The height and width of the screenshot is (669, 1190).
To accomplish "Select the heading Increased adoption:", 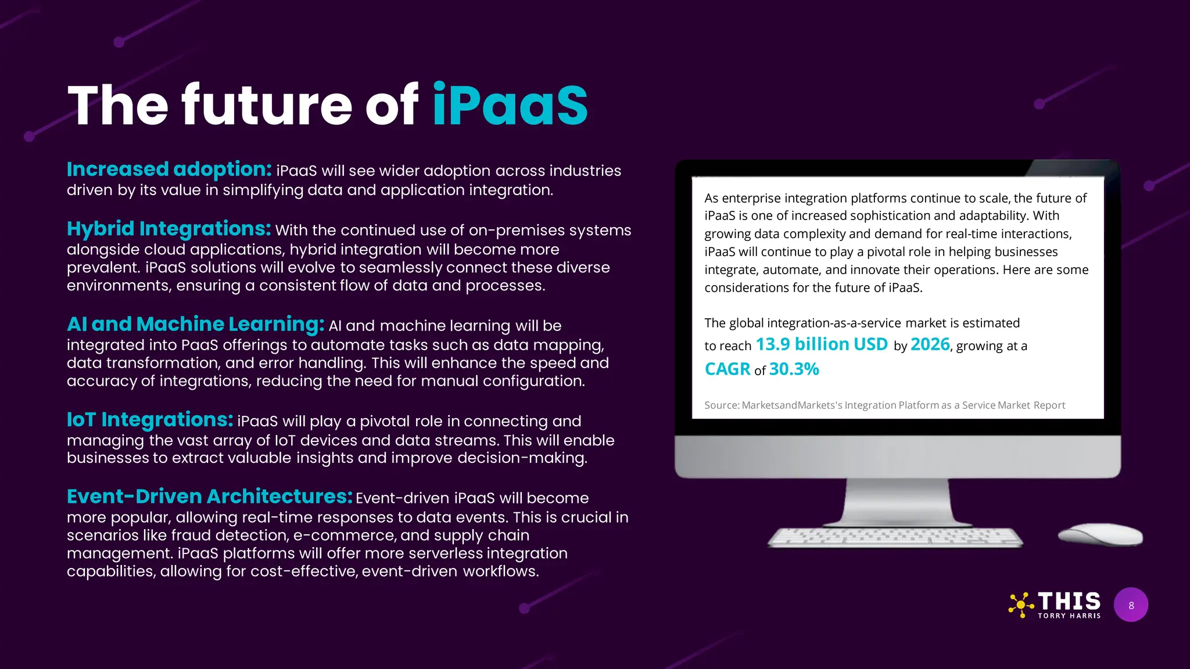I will tap(169, 170).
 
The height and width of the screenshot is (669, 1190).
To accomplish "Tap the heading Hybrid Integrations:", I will tap(169, 229).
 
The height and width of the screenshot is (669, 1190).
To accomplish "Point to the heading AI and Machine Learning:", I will tap(195, 324).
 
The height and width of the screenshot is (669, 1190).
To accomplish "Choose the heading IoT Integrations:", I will tap(150, 419).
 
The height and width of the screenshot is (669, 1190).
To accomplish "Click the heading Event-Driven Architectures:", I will tap(209, 497).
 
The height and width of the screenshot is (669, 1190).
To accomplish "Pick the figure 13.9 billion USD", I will tap(822, 344).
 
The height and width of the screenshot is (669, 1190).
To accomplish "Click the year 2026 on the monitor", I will tap(930, 344).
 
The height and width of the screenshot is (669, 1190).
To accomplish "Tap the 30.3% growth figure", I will tap(794, 369).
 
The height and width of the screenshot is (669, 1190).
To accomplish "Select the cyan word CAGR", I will tap(727, 369).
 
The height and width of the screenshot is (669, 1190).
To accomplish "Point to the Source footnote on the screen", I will tap(884, 405).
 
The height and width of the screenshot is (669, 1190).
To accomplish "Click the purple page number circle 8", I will tap(1131, 605).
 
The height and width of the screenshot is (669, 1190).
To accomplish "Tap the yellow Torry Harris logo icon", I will tap(1021, 605).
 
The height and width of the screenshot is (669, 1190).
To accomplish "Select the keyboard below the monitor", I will tap(895, 537).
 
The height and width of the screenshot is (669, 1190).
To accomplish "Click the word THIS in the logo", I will tap(1069, 601).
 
